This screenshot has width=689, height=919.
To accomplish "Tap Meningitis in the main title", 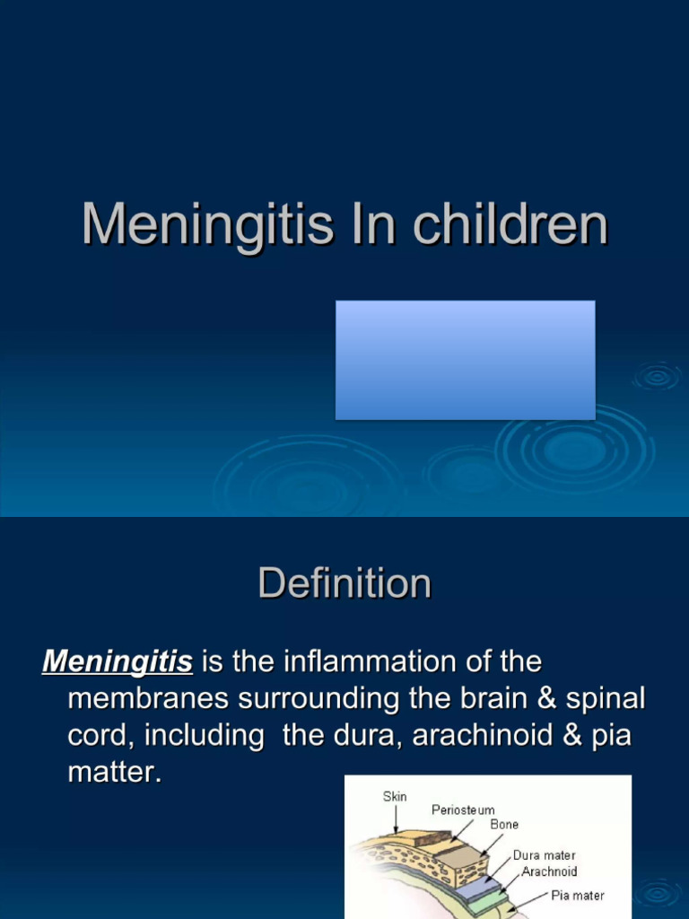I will (207, 225).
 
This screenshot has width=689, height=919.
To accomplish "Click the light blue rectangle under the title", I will (465, 360).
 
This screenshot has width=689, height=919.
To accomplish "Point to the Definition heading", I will (344, 583).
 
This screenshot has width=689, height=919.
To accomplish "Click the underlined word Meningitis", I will (118, 662).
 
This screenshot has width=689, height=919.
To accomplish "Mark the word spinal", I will (606, 699).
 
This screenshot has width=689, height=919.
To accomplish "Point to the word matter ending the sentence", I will (115, 772).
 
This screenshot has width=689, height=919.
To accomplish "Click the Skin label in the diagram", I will (395, 796).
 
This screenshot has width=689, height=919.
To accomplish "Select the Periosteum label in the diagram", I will (463, 810).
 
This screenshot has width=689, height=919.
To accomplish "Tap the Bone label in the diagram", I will (503, 824).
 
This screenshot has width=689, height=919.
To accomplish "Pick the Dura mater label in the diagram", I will (544, 855).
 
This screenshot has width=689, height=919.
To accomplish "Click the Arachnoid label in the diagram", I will (549, 871).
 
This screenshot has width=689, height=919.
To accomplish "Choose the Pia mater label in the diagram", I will (577, 895).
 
